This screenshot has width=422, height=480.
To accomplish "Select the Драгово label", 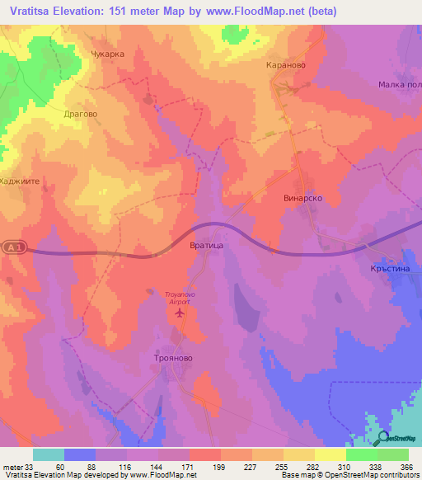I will pyautogui.click(x=81, y=115).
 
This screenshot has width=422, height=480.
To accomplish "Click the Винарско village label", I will pyautogui.click(x=302, y=199).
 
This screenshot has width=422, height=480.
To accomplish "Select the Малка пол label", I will pyautogui.click(x=400, y=85).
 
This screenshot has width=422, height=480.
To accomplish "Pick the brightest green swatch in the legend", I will pyautogui.click(x=361, y=454).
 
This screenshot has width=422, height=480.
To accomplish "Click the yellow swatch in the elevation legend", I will pyautogui.click(x=330, y=454).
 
